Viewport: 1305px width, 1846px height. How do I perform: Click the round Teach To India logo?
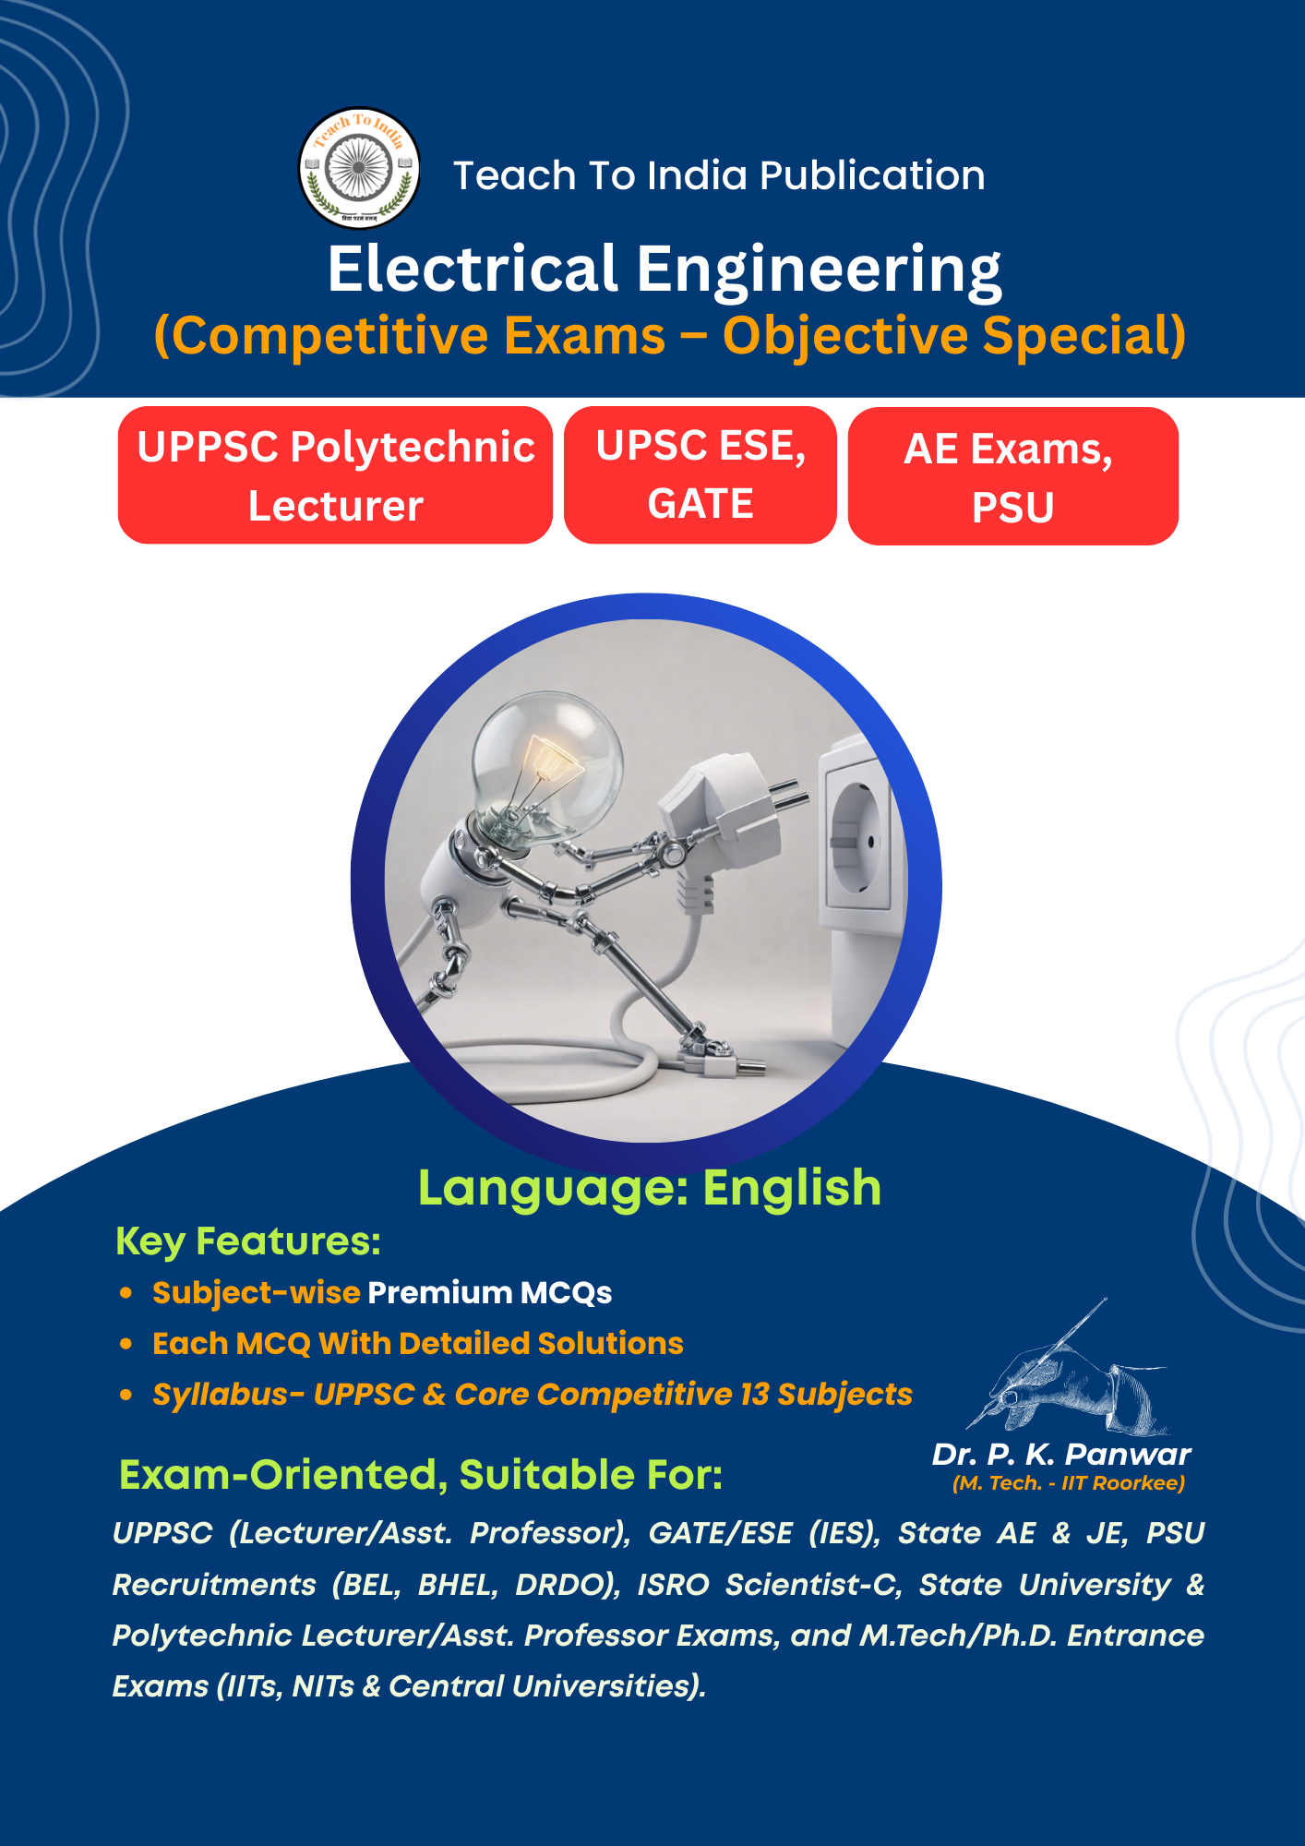click(359, 168)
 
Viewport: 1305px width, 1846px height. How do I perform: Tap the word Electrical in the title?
click(473, 269)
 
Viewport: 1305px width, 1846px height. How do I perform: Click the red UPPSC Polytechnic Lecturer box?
click(335, 475)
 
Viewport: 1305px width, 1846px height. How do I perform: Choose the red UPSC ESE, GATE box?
click(700, 475)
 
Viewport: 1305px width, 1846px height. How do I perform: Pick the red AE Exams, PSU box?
click(1013, 476)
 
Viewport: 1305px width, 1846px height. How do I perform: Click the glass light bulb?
click(546, 766)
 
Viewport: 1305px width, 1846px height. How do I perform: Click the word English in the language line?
click(792, 1187)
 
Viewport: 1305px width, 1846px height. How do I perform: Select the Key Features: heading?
click(248, 1242)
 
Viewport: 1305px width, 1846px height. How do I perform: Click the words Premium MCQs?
click(490, 1293)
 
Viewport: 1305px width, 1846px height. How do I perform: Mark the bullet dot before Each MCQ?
click(126, 1344)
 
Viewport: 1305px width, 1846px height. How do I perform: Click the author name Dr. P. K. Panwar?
click(1061, 1455)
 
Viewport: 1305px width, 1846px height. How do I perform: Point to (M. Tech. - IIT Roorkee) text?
click(1069, 1483)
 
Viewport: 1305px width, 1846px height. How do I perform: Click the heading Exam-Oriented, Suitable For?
click(421, 1475)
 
